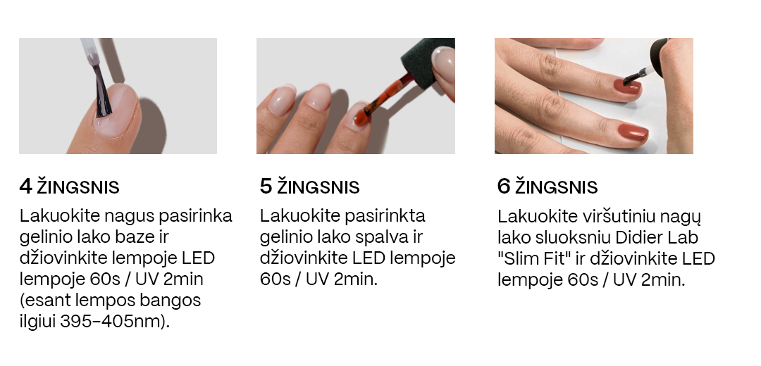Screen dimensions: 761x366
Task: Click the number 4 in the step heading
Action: click(26, 186)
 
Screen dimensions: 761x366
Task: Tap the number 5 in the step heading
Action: click(266, 186)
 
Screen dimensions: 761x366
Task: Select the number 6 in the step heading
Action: click(504, 186)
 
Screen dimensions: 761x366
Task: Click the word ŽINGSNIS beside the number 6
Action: click(556, 187)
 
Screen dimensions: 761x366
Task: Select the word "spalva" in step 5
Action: click(380, 237)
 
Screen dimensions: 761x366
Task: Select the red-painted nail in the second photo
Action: click(361, 115)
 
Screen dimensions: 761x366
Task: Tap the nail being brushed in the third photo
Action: click(626, 87)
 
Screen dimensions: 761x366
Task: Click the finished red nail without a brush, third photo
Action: click(633, 132)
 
